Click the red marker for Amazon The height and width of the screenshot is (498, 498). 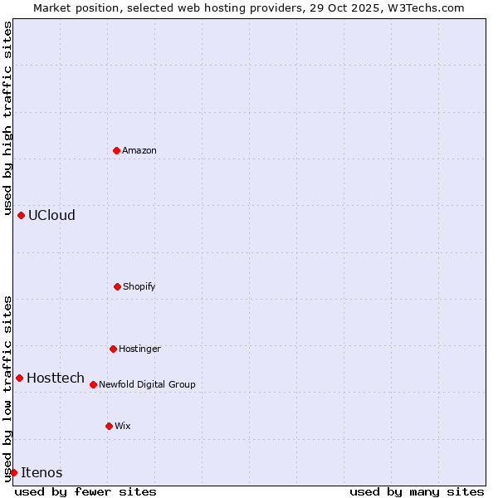116,150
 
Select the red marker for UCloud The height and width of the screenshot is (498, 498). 21,215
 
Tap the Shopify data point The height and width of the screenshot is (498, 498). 117,286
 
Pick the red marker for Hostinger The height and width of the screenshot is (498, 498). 113,349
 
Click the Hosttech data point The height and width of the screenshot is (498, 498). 19,378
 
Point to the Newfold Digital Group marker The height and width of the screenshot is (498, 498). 93,384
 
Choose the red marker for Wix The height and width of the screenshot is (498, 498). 109,426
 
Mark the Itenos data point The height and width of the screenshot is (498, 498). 13,472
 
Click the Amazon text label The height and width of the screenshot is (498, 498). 139,150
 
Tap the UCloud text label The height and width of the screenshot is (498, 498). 51,215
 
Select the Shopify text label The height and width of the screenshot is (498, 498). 139,286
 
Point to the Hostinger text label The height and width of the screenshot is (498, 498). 139,349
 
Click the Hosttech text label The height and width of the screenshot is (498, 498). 56,378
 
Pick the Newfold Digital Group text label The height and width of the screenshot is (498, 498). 147,384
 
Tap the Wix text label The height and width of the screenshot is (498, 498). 123,426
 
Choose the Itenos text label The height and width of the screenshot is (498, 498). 41,472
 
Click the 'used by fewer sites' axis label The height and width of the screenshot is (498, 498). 85,491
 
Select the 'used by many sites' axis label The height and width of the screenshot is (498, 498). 417,491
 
